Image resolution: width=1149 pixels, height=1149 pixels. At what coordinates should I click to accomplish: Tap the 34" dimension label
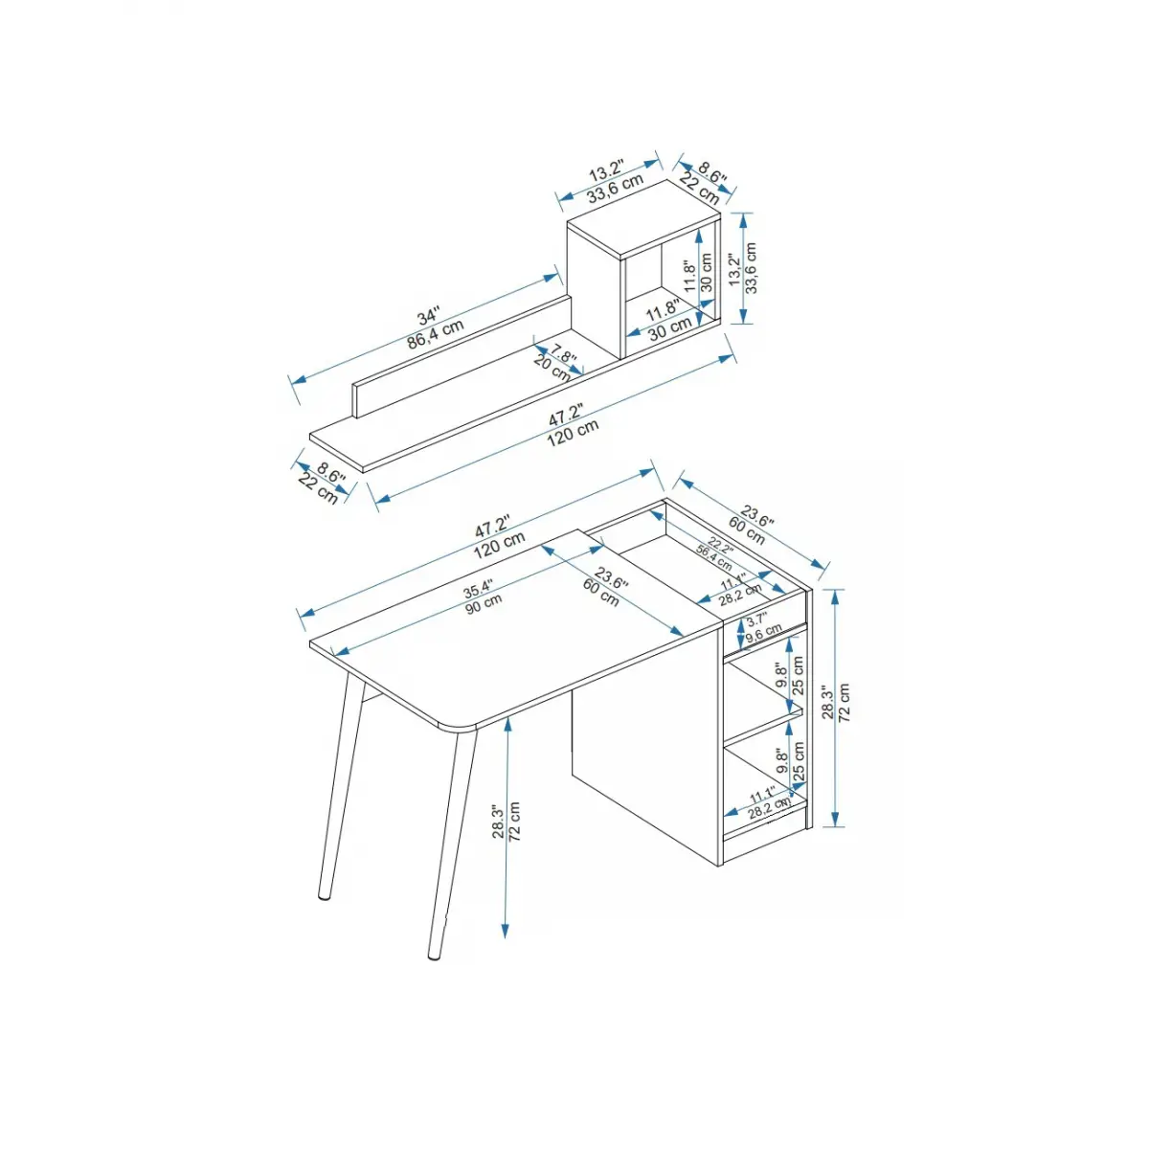[x=428, y=315]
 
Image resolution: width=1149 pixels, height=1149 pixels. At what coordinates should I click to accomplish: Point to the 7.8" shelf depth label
[x=563, y=354]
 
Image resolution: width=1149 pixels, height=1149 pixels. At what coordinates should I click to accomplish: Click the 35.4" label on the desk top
[x=478, y=590]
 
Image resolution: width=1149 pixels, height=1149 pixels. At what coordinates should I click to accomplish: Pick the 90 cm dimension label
[x=484, y=604]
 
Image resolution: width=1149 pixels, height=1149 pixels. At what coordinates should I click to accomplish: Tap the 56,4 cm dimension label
[x=713, y=558]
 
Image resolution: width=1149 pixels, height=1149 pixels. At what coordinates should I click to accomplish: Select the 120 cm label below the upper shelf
[x=573, y=433]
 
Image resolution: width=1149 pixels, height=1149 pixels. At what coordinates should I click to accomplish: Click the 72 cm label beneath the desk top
[x=515, y=821]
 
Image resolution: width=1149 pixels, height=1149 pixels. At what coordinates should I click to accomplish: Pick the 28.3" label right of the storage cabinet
[x=828, y=703]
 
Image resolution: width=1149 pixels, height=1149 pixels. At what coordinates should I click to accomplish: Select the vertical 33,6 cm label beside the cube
[x=752, y=268]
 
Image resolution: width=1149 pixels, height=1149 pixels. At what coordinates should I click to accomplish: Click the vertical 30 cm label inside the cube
[x=707, y=272]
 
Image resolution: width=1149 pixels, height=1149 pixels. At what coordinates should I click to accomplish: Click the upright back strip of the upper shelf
[x=462, y=355]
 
